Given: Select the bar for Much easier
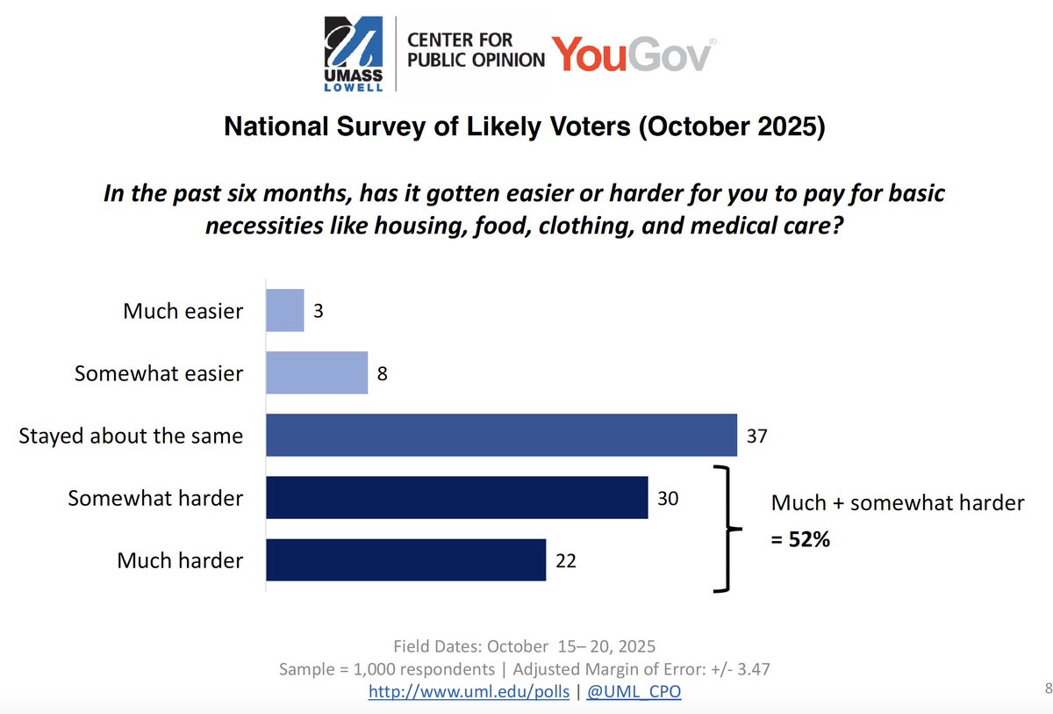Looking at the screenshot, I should tap(285, 311).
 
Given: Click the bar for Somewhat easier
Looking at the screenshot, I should tap(317, 373).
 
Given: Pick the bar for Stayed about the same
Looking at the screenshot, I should tap(501, 435).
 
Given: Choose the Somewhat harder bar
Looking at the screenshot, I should tap(457, 498).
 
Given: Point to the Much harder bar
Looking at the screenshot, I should tap(406, 560).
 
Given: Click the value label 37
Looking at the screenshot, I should tap(756, 436).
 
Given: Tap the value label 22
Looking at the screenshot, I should tap(566, 561).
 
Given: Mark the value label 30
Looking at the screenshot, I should tap(668, 499).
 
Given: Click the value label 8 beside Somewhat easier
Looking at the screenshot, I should tap(382, 374).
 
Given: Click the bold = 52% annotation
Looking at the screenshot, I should tap(800, 540).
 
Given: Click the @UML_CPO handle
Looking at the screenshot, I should tap(634, 691).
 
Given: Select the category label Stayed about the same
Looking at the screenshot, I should tap(131, 436).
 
